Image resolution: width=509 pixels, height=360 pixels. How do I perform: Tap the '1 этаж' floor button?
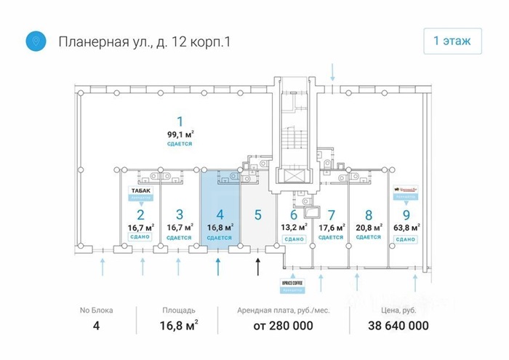coord(452,41)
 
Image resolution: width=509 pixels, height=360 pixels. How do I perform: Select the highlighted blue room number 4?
coord(219,215)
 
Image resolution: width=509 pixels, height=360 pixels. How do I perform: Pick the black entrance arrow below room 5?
coord(257,267)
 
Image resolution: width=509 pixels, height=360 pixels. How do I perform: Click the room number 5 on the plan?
coord(257,215)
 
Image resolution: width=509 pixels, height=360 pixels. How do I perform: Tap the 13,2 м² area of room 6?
coord(294,227)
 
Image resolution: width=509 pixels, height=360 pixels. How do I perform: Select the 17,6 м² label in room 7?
coord(331,227)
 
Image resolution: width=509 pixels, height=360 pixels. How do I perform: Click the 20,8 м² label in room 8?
coord(369,227)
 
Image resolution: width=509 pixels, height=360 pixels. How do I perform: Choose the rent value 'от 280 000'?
coord(283,326)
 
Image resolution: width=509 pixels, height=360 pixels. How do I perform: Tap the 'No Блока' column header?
coord(97,310)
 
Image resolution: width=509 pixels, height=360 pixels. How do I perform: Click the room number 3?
coord(180,215)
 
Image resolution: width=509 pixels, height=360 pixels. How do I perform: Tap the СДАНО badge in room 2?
coord(140,238)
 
